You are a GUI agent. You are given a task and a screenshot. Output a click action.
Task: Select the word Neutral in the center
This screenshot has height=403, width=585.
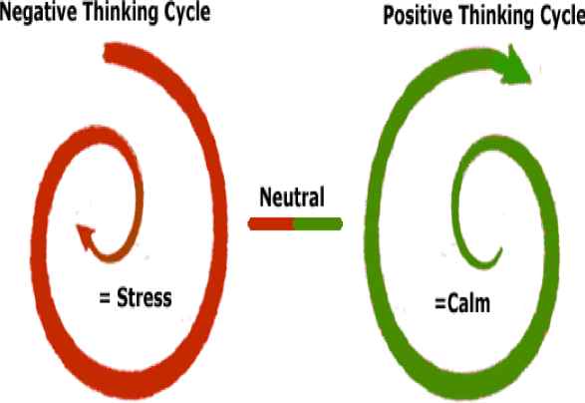[292, 197]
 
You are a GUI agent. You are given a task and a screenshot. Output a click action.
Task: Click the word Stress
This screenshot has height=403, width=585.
[145, 297]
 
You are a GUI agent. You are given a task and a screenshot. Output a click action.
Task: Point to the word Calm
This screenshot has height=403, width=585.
[468, 303]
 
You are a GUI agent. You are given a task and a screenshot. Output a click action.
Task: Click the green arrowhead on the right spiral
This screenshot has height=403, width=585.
[513, 66]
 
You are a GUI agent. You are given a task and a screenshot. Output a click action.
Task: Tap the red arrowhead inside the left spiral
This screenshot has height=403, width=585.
[86, 235]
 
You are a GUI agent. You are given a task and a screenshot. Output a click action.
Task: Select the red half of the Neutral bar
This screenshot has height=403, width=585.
[271, 224]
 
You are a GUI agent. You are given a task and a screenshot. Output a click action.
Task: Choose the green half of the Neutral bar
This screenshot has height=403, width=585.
[318, 224]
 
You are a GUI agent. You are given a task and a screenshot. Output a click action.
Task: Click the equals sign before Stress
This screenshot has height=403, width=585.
[105, 298]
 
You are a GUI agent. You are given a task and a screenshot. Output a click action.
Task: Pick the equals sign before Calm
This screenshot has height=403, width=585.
[440, 303]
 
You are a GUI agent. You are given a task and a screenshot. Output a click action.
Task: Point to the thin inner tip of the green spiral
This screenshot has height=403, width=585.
[500, 249]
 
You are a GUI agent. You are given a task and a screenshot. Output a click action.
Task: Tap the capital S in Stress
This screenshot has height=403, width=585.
[124, 297]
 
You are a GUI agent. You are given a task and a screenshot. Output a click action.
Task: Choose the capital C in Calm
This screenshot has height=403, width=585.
[452, 303]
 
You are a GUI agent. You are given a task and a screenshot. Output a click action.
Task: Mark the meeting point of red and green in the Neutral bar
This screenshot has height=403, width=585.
[294, 224]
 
